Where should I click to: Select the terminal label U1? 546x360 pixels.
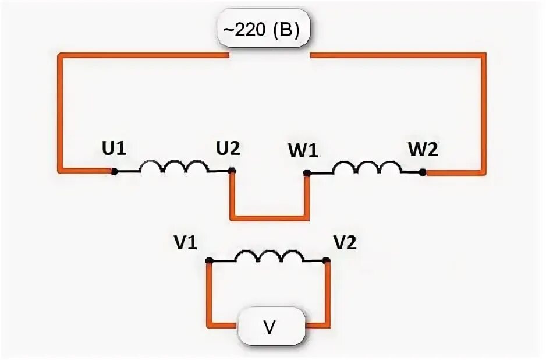point(114,149)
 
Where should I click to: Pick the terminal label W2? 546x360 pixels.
point(424,149)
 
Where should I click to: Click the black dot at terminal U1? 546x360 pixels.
point(115,171)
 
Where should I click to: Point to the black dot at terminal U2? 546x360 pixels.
point(232,171)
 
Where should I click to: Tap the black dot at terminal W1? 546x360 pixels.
point(307,173)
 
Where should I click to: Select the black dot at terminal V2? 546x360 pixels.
point(327,262)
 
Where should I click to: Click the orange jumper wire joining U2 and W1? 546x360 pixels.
point(268,218)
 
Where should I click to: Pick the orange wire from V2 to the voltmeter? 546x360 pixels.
point(327,297)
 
